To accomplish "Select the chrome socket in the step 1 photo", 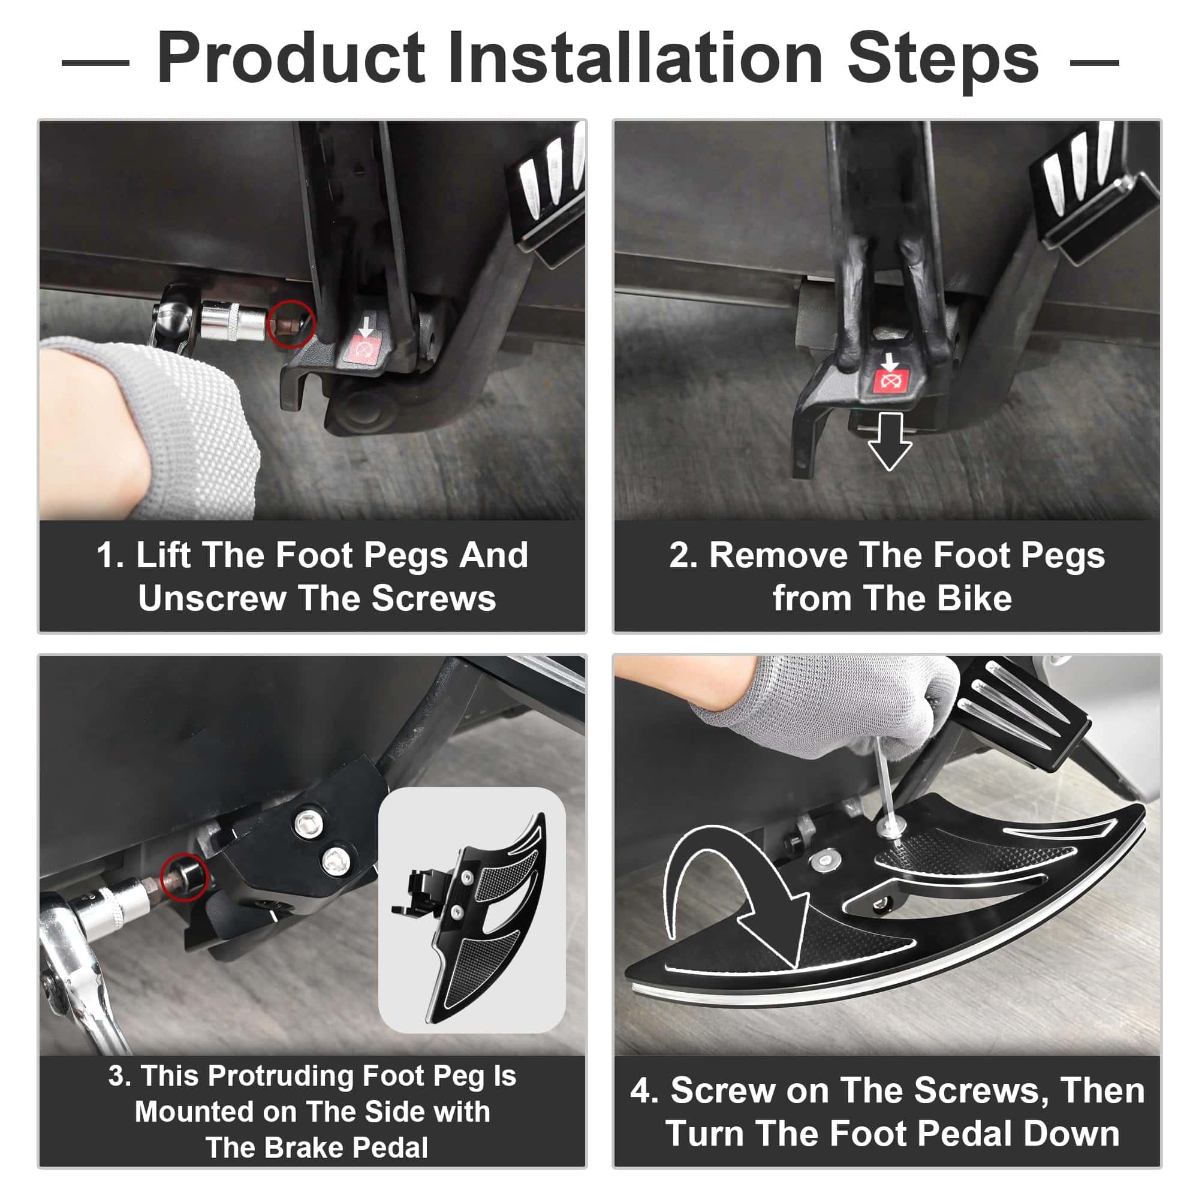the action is point(234,320).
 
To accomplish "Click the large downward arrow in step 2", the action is point(889,441).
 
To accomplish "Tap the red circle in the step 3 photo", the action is point(184,878).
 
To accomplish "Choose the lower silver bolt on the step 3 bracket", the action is point(335,860).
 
